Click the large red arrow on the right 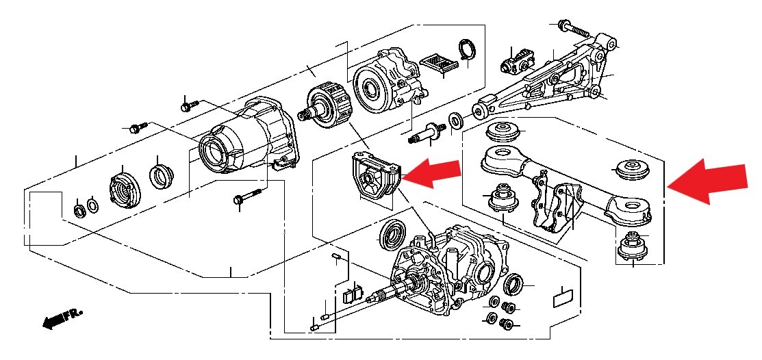point(707,181)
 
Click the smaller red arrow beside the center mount point(431,173)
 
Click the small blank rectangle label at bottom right point(563,297)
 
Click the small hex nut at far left point(78,210)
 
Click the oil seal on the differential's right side point(513,284)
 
